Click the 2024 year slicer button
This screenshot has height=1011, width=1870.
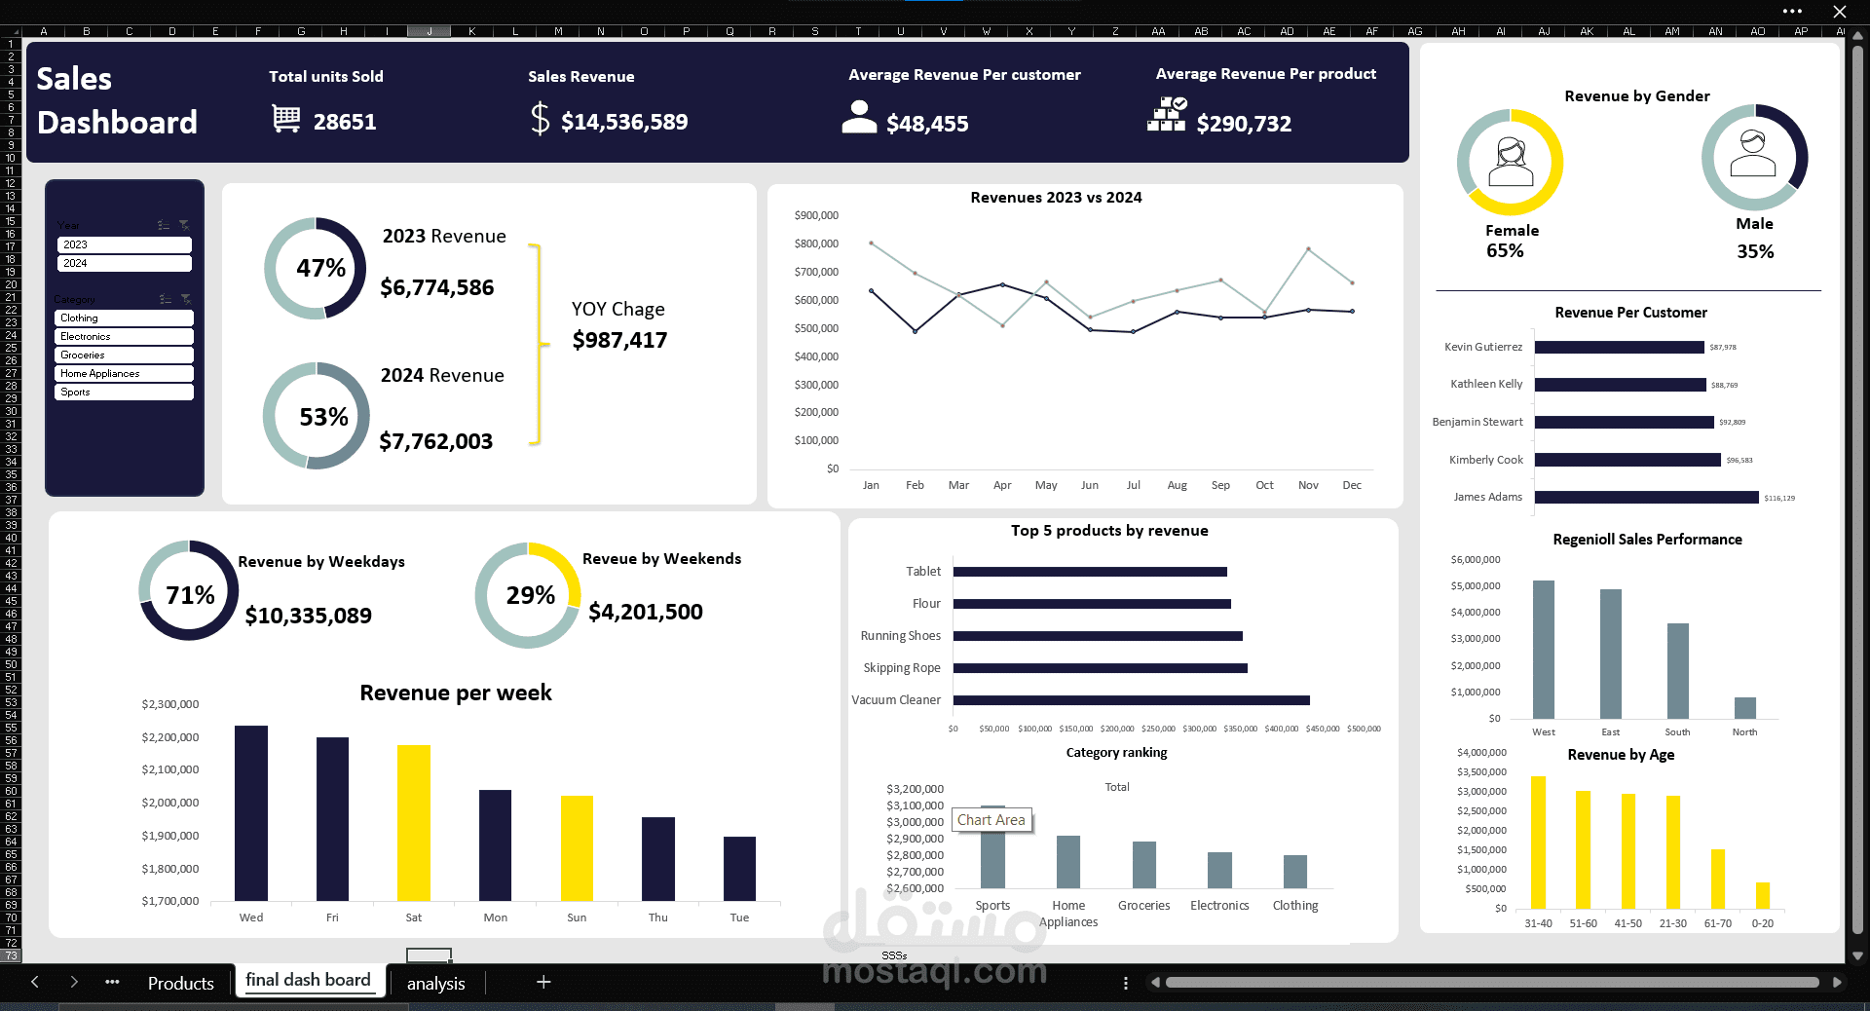[x=124, y=263]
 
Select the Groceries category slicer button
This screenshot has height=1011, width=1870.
[x=124, y=356]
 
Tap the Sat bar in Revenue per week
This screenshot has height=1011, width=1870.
[x=414, y=823]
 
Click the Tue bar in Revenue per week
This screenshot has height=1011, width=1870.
[x=739, y=868]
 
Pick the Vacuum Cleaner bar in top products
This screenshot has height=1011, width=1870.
[x=1131, y=700]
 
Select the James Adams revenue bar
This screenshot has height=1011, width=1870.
[x=1646, y=498]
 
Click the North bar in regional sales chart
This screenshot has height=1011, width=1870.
[x=1744, y=708]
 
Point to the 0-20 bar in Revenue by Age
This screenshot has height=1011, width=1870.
[x=1762, y=895]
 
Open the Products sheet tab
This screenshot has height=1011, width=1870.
[x=180, y=983]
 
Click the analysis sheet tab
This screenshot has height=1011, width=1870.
[x=435, y=983]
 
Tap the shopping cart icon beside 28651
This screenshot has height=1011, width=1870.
[x=286, y=120]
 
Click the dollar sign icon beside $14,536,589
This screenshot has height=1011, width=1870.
[x=540, y=120]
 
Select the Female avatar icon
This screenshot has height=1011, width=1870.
[x=1511, y=162]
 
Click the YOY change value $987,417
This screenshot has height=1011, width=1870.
[x=619, y=340]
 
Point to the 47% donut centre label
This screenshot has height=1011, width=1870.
[x=320, y=268]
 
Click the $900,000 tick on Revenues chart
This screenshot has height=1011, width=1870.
[x=816, y=215]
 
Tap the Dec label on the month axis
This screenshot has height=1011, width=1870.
[x=1352, y=485]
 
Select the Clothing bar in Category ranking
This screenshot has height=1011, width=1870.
[x=1294, y=872]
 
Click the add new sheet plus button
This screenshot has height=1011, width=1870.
[x=543, y=982]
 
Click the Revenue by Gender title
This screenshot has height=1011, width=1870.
[x=1636, y=95]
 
